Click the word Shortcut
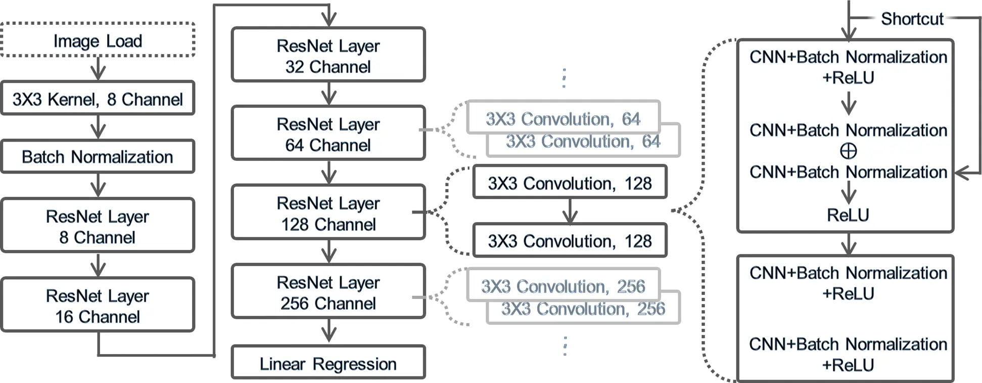pos(912,19)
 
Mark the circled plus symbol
pos(849,151)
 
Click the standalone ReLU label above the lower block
pos(848,215)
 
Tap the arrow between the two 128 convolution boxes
pos(570,211)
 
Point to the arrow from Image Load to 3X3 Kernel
pos(98,68)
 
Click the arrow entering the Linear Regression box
pos(329,331)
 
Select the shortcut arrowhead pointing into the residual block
pos(962,173)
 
